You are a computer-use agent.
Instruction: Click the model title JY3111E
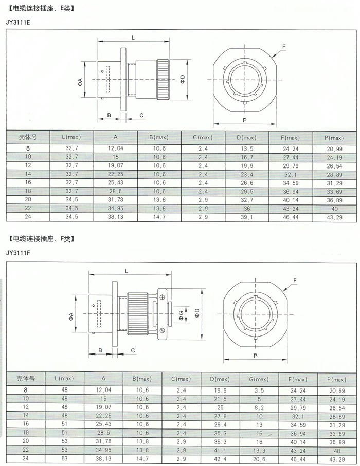18,22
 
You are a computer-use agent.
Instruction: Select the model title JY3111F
18,253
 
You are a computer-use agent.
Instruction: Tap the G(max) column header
259,379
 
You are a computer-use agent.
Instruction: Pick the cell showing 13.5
247,148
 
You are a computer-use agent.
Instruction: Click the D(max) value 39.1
247,217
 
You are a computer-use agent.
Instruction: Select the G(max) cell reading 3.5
259,390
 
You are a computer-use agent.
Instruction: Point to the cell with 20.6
259,459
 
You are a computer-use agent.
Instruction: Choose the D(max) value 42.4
220,459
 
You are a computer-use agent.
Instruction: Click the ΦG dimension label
181,314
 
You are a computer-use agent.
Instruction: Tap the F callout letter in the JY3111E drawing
284,46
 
